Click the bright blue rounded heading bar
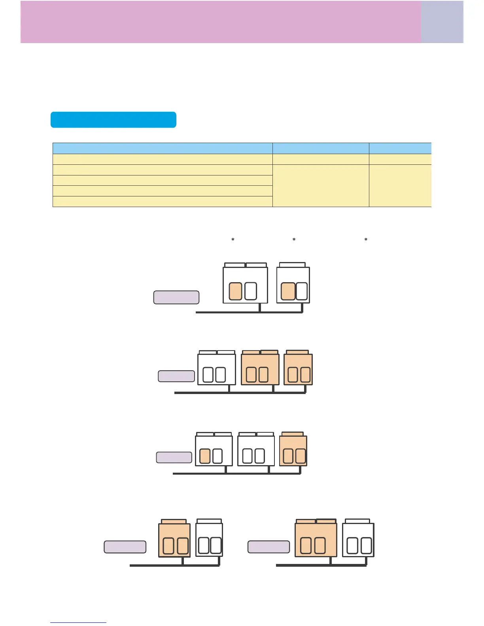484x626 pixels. (113, 120)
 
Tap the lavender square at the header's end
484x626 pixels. (442, 22)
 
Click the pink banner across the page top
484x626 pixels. (221, 22)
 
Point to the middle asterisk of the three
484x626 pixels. (294, 240)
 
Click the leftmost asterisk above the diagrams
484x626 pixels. (233, 240)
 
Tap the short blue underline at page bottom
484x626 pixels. (78, 622)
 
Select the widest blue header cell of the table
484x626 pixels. (163, 149)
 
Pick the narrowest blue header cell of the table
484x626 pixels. (400, 149)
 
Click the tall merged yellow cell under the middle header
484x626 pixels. (321, 185)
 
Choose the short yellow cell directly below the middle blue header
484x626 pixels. (321, 159)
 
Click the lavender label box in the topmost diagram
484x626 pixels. (176, 297)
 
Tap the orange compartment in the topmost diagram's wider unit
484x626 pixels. (236, 291)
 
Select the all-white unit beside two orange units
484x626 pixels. (216, 369)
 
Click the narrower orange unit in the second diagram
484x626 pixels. (298, 369)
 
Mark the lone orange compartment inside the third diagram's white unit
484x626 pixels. (204, 456)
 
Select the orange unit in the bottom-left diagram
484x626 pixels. (174, 540)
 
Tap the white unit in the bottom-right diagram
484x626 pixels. (358, 540)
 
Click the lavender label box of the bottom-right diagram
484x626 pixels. (268, 547)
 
